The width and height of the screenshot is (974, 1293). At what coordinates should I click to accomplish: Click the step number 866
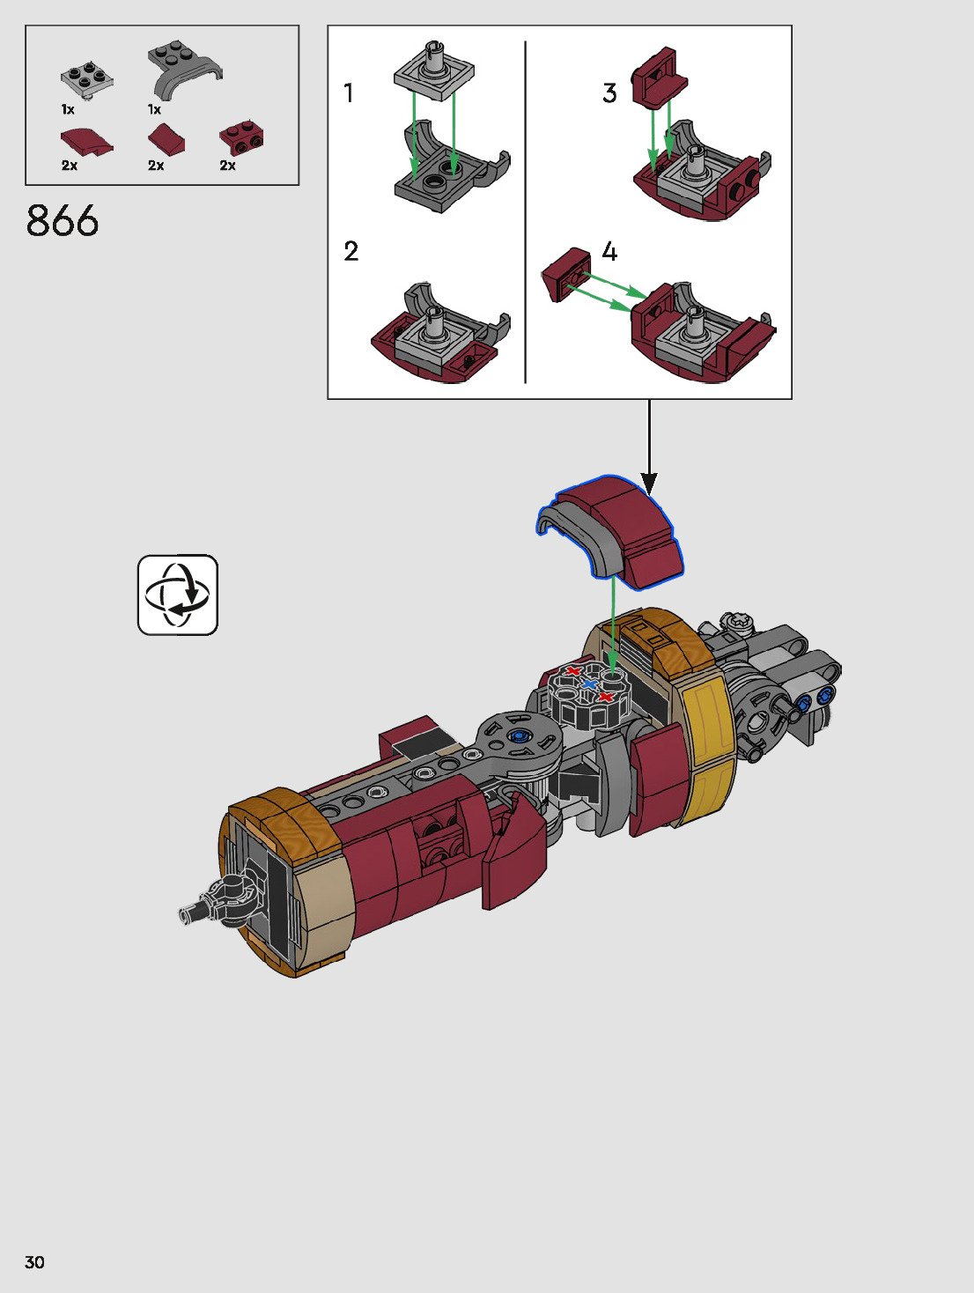tap(63, 221)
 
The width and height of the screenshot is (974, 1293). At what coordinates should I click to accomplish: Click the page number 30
tap(34, 1261)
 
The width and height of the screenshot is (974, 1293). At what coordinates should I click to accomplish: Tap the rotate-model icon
tap(178, 595)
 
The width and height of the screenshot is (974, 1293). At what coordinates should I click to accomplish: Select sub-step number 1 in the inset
tap(349, 93)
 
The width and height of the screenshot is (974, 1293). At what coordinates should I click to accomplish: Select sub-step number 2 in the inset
tap(351, 252)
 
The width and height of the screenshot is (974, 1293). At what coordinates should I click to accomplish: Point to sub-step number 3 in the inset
tap(609, 93)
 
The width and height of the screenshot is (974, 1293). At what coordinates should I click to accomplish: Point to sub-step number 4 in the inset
tap(609, 252)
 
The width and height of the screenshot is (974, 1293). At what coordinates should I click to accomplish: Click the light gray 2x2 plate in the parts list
tap(86, 79)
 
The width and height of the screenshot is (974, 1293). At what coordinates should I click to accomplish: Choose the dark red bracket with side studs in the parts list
tap(241, 139)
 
